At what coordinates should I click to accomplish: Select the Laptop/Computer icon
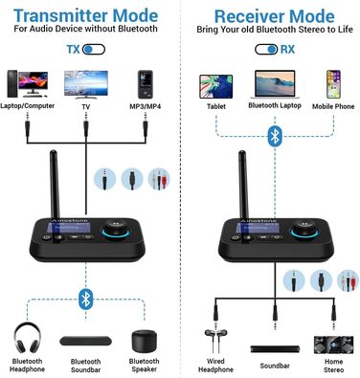click(26, 84)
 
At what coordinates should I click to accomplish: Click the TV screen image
click(87, 83)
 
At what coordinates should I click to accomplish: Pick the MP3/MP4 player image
click(145, 84)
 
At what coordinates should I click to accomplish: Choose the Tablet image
click(214, 83)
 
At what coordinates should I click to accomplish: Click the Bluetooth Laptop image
click(274, 83)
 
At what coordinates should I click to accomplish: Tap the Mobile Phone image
click(332, 83)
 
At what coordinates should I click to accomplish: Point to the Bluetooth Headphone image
click(28, 340)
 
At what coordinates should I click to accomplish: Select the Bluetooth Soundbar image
click(87, 341)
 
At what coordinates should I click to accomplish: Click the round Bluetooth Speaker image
click(144, 342)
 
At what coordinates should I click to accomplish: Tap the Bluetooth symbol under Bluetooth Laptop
click(275, 138)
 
